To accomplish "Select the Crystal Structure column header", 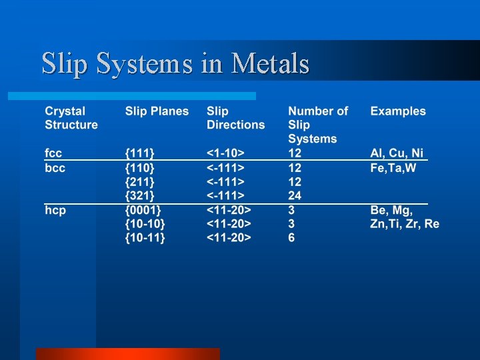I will [71, 118].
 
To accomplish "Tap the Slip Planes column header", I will [157, 111].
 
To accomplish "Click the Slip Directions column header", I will [235, 118].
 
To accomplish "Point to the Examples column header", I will [398, 111].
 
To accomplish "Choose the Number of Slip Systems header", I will [317, 125].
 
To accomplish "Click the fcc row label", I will [53, 153].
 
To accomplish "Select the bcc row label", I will [55, 168].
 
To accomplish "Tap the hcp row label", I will [55, 210].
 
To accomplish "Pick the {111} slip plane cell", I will [139, 153].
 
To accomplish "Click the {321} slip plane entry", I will [140, 195].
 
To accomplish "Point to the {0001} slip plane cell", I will [143, 210].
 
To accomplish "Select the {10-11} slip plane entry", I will [145, 237].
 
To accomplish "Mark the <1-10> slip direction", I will [226, 153].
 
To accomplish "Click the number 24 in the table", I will [295, 195].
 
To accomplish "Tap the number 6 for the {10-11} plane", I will [291, 237].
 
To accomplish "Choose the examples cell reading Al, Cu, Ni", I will [397, 153].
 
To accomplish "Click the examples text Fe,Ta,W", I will [393, 168].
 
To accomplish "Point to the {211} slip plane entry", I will [140, 181].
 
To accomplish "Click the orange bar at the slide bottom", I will [127, 353].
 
